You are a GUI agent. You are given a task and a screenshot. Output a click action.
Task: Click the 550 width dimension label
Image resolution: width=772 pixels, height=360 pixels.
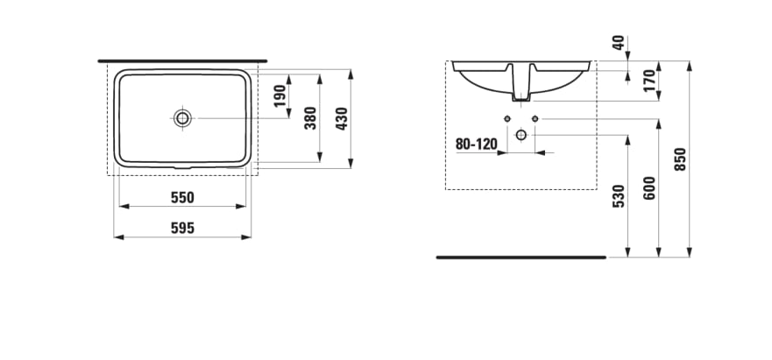point(182,197)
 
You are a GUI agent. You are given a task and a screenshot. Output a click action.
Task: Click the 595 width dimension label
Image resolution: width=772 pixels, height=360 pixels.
point(182,228)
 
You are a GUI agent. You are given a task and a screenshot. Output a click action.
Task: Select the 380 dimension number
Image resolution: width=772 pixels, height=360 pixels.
point(310,117)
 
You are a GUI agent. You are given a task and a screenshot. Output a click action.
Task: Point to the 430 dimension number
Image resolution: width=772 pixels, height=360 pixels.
point(341,117)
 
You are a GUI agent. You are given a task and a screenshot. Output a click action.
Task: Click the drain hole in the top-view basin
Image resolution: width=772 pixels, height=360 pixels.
point(182,117)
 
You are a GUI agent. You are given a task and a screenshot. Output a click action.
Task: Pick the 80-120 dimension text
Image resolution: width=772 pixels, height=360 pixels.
point(476,144)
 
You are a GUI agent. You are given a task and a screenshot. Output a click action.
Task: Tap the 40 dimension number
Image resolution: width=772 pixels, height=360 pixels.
point(620,43)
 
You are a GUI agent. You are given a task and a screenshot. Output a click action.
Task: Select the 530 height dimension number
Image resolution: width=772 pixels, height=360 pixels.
point(620,197)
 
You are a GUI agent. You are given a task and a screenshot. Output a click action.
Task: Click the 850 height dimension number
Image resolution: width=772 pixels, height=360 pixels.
point(680,159)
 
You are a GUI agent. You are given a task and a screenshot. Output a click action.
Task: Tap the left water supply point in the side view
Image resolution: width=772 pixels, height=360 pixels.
point(506,118)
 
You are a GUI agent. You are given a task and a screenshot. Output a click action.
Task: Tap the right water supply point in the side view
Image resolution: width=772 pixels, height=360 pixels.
point(535,118)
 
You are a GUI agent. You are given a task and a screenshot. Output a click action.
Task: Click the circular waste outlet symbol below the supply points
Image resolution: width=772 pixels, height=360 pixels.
point(521,135)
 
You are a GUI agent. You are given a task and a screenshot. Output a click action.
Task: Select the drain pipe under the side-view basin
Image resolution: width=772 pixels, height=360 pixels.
point(521,88)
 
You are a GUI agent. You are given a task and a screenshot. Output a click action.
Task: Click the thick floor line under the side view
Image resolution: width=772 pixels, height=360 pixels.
point(521,258)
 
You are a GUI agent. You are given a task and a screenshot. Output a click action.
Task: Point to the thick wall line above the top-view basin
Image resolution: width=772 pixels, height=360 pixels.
point(182,61)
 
